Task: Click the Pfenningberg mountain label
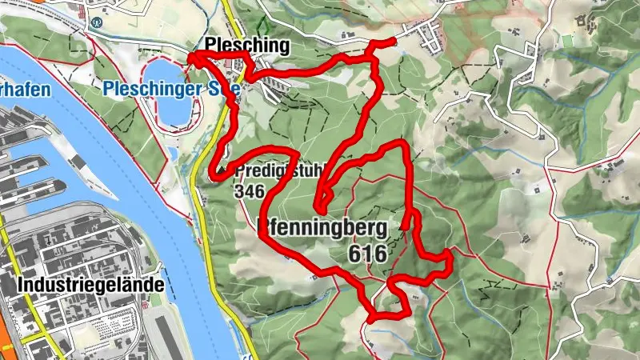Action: click(x=324, y=229)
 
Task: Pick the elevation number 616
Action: click(x=367, y=254)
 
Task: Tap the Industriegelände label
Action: click(x=90, y=285)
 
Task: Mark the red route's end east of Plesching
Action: click(x=394, y=41)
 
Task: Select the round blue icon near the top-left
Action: click(x=97, y=23)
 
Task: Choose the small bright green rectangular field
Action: click(x=567, y=40)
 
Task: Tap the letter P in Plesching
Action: click(x=209, y=46)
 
